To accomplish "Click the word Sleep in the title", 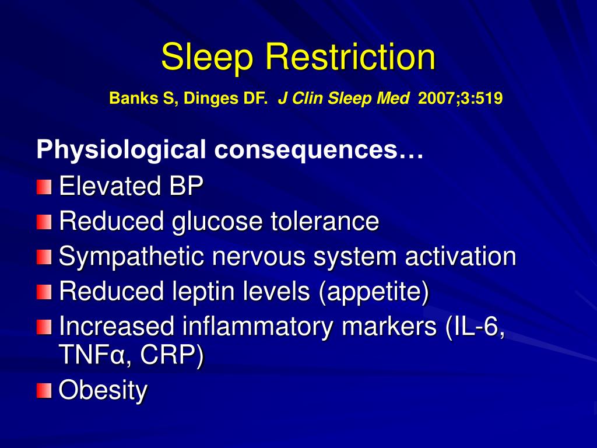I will (x=207, y=58).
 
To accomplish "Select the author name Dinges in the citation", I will (x=206, y=99).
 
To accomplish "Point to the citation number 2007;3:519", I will (x=460, y=99).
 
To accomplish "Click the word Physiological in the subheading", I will (x=121, y=150).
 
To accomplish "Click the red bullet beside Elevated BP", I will (x=43, y=187).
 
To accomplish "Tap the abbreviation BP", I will (x=187, y=187).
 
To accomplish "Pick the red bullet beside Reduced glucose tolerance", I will (x=43, y=222).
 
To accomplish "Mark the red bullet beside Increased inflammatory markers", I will (x=43, y=327).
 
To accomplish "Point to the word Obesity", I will (x=103, y=390).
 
